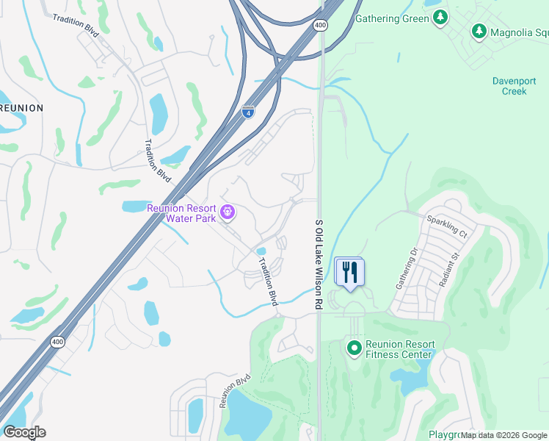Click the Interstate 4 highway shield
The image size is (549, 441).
click(x=248, y=112)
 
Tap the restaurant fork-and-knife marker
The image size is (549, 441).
click(x=350, y=273)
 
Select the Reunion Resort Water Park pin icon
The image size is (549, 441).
click(x=228, y=212)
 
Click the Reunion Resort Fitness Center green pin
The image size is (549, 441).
click(x=354, y=347)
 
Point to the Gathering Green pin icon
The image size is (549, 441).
click(x=440, y=19)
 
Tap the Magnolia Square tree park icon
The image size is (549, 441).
click(x=479, y=31)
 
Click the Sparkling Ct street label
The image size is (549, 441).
click(x=447, y=226)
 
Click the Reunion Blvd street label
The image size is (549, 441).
click(x=234, y=390)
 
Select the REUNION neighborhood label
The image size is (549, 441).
click(x=21, y=108)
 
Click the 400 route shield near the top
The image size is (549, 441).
click(x=320, y=26)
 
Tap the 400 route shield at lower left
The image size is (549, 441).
click(x=57, y=341)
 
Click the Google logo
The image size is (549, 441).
click(x=24, y=432)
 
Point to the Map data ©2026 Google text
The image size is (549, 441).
click(x=504, y=435)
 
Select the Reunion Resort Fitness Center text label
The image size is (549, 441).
click(x=399, y=349)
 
